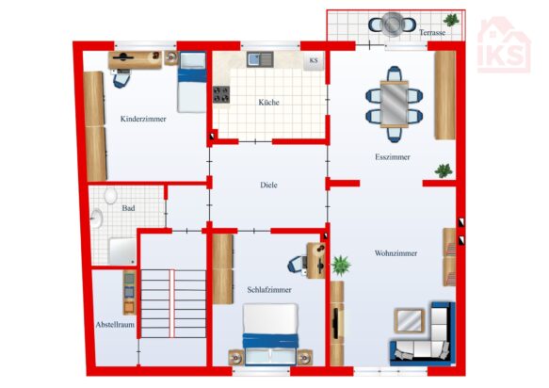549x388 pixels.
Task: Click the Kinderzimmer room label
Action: [x=143, y=119]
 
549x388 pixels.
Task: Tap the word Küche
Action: [x=268, y=103]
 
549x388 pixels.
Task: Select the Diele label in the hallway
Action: [x=268, y=185]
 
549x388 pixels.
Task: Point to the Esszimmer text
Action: [x=392, y=157]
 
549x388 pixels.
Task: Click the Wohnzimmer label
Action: [x=396, y=253]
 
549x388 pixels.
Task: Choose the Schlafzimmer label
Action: [x=269, y=290]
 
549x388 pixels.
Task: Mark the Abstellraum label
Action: [x=115, y=325]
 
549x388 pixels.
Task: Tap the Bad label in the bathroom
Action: [x=128, y=208]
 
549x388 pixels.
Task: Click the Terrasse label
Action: [x=432, y=33]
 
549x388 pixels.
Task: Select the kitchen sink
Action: [x=260, y=59]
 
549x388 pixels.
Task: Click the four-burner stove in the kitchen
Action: [x=221, y=94]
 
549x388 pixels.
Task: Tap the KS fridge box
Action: [x=314, y=61]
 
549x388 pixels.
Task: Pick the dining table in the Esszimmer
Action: [x=395, y=104]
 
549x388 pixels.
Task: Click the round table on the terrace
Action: [x=393, y=24]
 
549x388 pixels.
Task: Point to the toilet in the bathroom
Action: [x=110, y=195]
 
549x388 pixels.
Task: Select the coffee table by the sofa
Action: [x=410, y=320]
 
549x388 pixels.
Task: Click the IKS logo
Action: [x=504, y=45]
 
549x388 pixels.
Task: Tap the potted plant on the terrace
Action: [x=451, y=20]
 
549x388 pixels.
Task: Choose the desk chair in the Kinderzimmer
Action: [x=121, y=78]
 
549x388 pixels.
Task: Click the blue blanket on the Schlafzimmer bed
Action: [x=270, y=340]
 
